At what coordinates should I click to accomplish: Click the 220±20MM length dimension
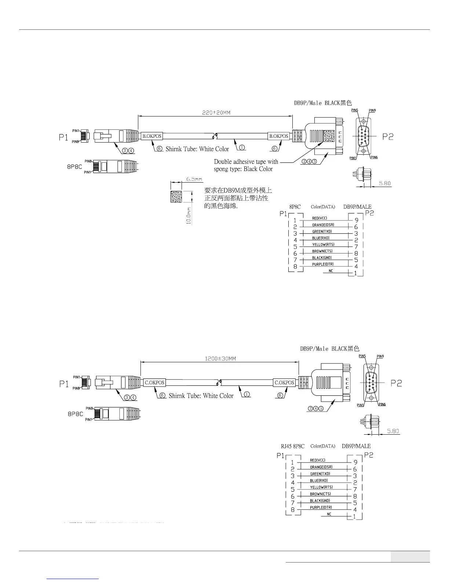click(216, 113)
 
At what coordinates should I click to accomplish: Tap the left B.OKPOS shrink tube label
click(152, 136)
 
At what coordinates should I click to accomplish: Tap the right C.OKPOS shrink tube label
click(284, 382)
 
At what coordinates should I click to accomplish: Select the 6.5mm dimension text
click(194, 179)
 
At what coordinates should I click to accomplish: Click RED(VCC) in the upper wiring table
click(319, 218)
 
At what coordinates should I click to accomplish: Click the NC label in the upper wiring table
click(331, 271)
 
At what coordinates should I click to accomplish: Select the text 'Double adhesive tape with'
click(246, 162)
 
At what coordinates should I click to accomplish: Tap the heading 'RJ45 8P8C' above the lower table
click(292, 446)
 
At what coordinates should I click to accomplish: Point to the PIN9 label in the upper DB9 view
click(372, 110)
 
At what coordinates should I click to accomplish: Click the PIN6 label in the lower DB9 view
click(382, 405)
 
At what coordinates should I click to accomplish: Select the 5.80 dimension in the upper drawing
click(384, 183)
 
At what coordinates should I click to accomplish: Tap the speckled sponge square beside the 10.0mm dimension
click(176, 197)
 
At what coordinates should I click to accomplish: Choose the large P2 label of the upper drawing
click(388, 137)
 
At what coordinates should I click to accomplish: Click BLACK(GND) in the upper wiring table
click(322, 258)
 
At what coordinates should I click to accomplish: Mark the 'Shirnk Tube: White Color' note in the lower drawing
click(201, 396)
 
